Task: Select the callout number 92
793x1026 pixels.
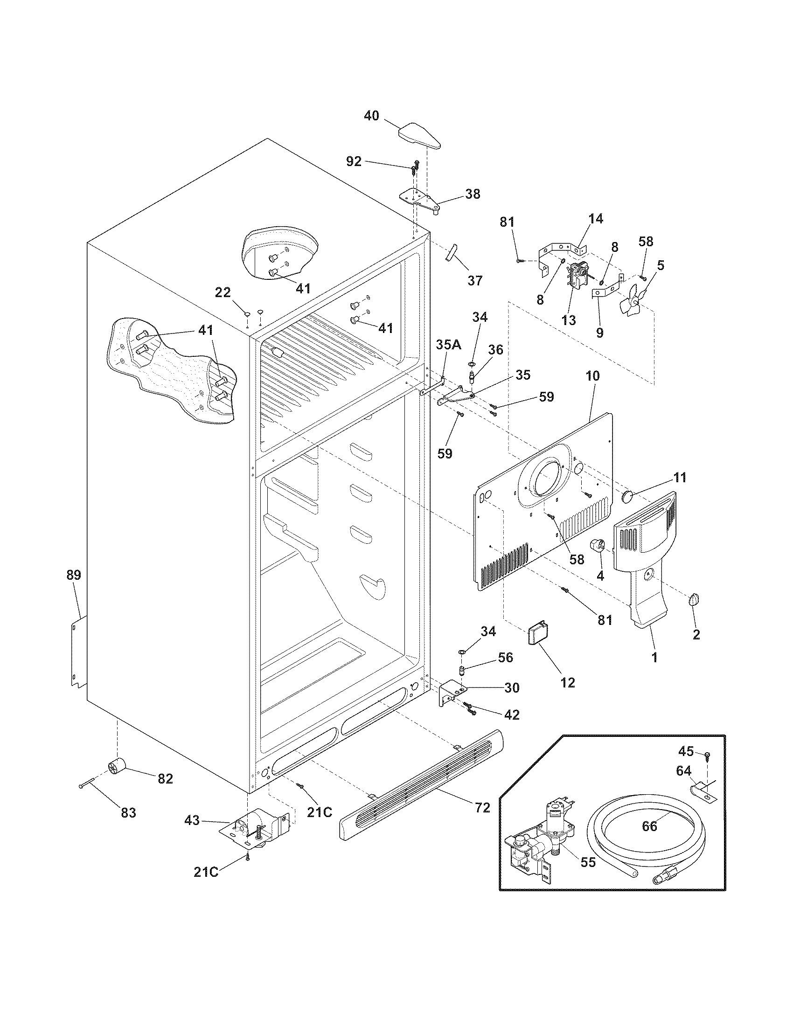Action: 354,162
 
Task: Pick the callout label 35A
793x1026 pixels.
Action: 448,345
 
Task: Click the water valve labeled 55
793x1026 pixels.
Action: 536,846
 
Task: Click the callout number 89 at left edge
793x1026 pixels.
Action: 74,575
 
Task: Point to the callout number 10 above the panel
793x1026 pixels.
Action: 592,376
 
